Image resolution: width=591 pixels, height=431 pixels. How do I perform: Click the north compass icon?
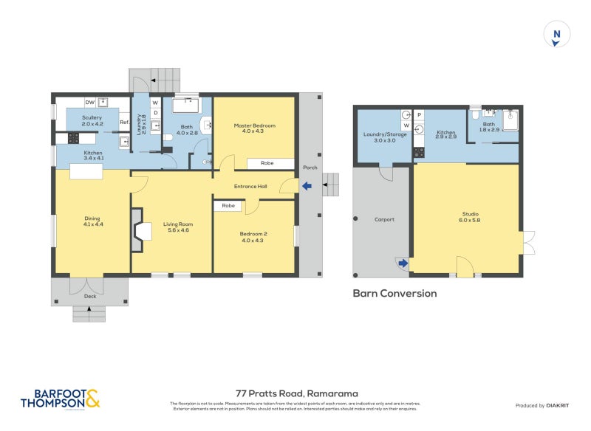[x=558, y=35]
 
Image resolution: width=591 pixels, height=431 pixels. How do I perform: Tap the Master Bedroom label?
[x=254, y=125]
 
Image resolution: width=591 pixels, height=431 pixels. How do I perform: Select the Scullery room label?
[x=92, y=118]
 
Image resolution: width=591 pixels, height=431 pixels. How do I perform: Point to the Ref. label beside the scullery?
[x=124, y=123]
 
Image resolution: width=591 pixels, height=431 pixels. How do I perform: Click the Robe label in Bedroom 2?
[x=228, y=206]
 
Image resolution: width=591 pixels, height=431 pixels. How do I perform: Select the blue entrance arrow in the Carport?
[x=401, y=262]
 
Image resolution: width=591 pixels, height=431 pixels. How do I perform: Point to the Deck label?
[x=89, y=296]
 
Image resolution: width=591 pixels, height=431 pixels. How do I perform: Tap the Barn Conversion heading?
[x=394, y=293]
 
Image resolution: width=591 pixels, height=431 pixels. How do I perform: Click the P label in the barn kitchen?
[x=419, y=115]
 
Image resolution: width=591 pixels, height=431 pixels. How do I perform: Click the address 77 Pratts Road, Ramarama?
[x=296, y=393]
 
